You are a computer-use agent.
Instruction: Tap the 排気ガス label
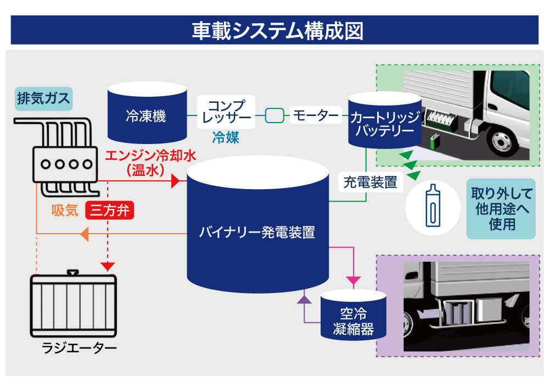(x=43, y=99)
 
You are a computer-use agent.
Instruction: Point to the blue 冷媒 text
(x=226, y=137)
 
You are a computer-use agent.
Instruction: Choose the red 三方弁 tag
(x=110, y=211)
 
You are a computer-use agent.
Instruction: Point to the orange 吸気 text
(x=65, y=211)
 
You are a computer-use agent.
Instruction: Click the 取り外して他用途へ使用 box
(x=501, y=208)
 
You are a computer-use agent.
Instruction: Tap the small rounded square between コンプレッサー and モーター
(x=274, y=115)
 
